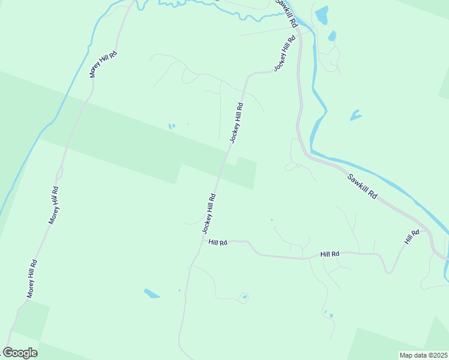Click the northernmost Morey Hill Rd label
click(103, 64)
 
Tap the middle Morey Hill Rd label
click(54, 205)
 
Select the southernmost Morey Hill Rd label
click(32, 278)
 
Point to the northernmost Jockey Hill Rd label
click(285, 53)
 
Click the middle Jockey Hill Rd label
click(236, 123)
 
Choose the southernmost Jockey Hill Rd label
click(209, 213)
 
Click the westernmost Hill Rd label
click(218, 242)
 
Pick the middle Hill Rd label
click(330, 254)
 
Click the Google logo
click(20, 353)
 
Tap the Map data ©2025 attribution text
click(423, 355)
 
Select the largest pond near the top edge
click(322, 15)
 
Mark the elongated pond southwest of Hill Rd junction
click(152, 293)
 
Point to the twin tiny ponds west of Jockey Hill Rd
click(172, 126)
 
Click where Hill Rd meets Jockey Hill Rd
click(203, 241)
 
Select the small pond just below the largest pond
click(332, 36)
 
